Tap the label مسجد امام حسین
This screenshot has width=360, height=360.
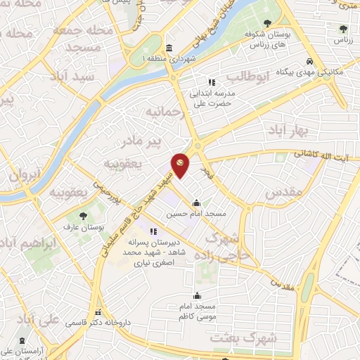click(205, 213)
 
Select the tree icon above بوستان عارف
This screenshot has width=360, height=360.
click(83, 216)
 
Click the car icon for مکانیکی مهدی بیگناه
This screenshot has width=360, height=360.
click(310, 60)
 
